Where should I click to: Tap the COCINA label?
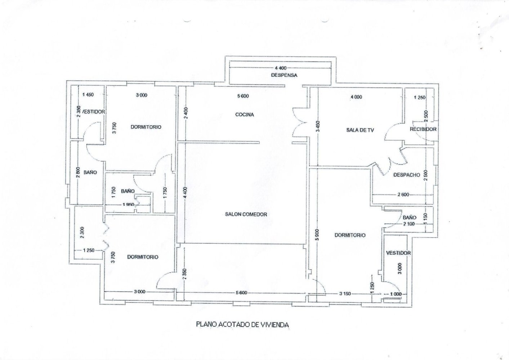pos(245,115)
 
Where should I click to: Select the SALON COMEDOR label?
pos(246,215)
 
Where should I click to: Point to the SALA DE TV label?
pos(360,130)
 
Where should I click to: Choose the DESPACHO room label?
pos(407,175)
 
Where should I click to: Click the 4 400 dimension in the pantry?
pos(281,68)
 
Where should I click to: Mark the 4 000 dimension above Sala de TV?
pos(356,97)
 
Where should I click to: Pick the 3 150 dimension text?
pos(344,294)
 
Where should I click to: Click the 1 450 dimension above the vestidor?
pos(88,95)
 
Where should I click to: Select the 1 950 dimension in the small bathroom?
pos(128,205)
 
